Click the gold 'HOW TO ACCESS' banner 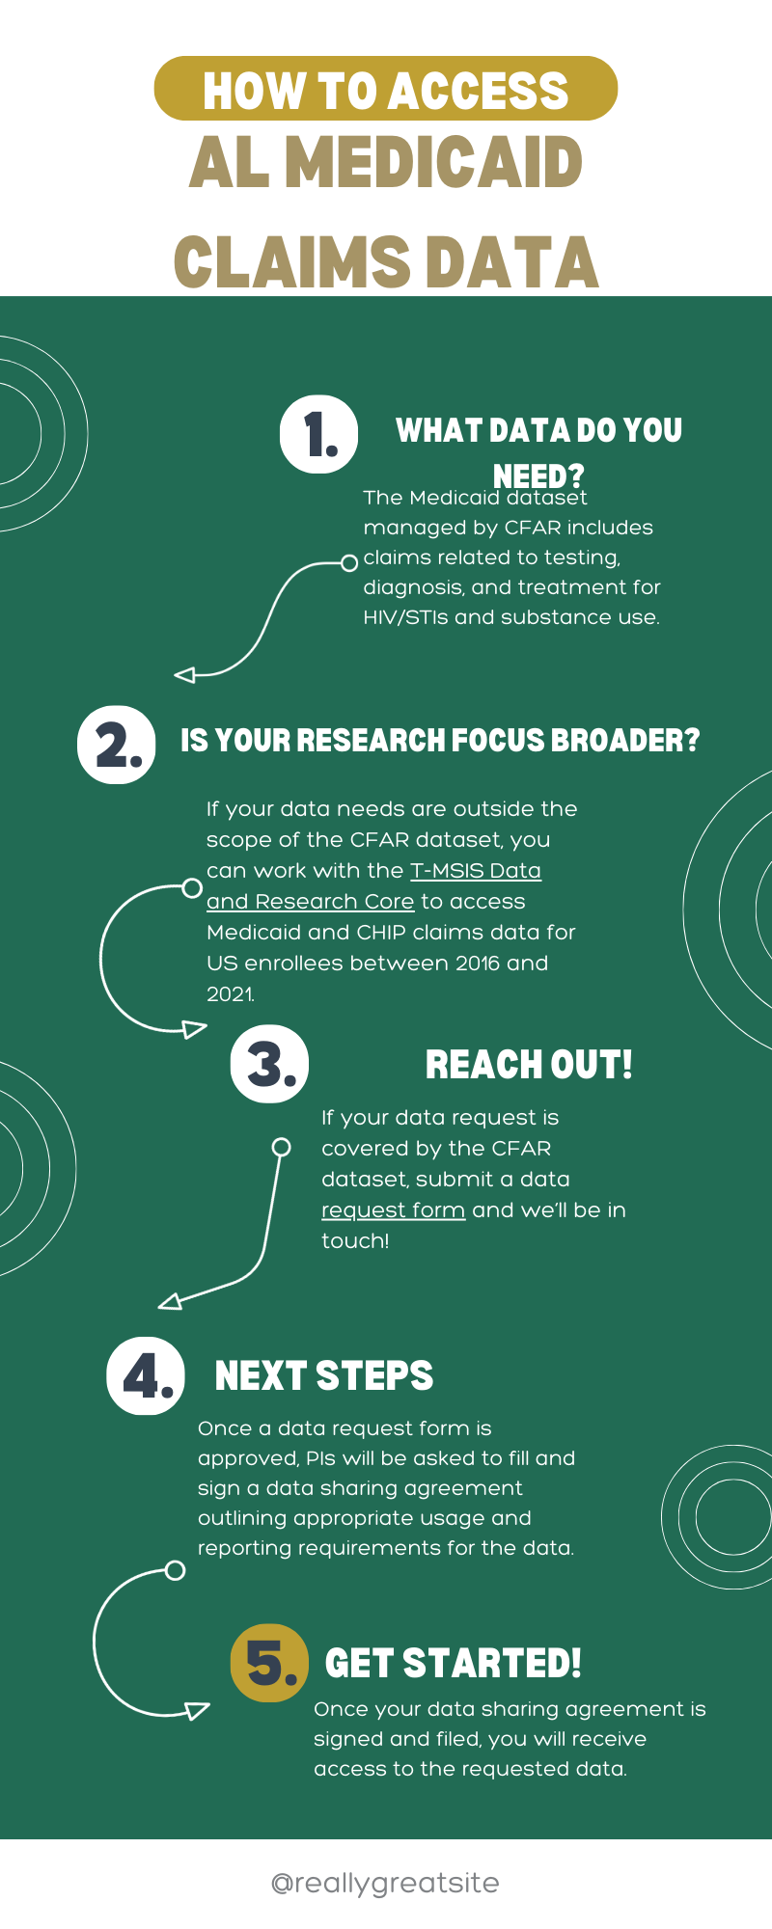point(386,89)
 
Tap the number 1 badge point(318,434)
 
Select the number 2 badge point(116,745)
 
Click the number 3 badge point(269,1064)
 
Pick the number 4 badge point(145,1376)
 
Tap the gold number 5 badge point(269,1663)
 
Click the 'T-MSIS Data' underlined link point(476,871)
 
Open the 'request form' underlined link point(393,1210)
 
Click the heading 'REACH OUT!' point(529,1065)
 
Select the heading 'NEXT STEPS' point(324,1376)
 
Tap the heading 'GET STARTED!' point(454,1664)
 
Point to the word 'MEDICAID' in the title point(434,163)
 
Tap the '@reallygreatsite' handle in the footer point(386,1883)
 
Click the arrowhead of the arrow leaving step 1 point(184,675)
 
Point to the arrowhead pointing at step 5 point(198,1711)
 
